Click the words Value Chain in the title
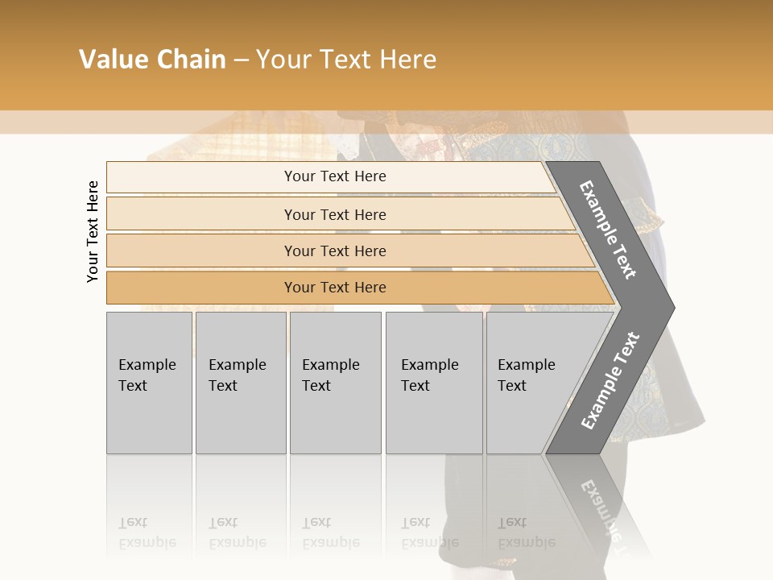pyautogui.click(x=152, y=60)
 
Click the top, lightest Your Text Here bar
pyautogui.click(x=334, y=176)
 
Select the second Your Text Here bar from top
pyautogui.click(x=334, y=214)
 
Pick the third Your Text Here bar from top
pyautogui.click(x=334, y=251)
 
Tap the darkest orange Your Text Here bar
pyautogui.click(x=334, y=288)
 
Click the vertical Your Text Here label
pyautogui.click(x=93, y=231)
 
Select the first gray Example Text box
pyautogui.click(x=149, y=382)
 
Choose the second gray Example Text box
pyautogui.click(x=240, y=382)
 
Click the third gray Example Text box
pyautogui.click(x=335, y=382)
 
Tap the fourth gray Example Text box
pyautogui.click(x=434, y=382)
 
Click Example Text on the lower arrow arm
pyautogui.click(x=610, y=380)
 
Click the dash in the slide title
pyautogui.click(x=241, y=60)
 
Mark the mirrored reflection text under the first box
pyautogui.click(x=147, y=532)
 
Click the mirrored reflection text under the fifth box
pyautogui.click(x=527, y=532)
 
